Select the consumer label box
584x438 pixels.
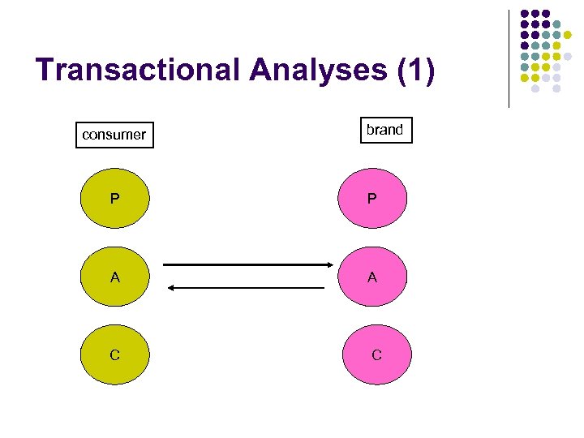click(x=114, y=135)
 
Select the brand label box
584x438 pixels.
click(x=385, y=130)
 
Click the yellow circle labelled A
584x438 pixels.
click(x=116, y=277)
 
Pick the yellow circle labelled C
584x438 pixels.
click(x=116, y=354)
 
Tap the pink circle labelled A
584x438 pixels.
click(x=371, y=277)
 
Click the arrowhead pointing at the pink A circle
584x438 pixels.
click(x=329, y=264)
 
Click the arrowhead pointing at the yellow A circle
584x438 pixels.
click(x=170, y=287)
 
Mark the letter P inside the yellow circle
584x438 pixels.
click(x=116, y=198)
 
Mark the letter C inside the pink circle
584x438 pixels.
click(x=376, y=354)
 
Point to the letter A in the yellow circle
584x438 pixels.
click(x=116, y=277)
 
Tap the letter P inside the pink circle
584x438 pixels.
click(x=371, y=198)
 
